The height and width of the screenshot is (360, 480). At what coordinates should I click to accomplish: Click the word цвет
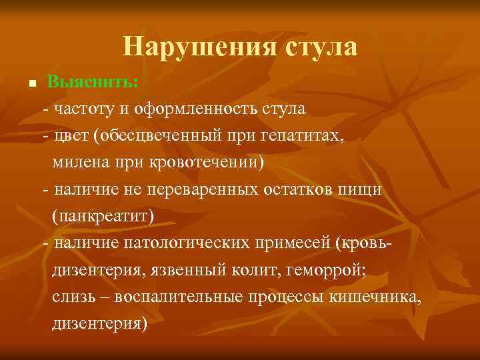71,135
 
